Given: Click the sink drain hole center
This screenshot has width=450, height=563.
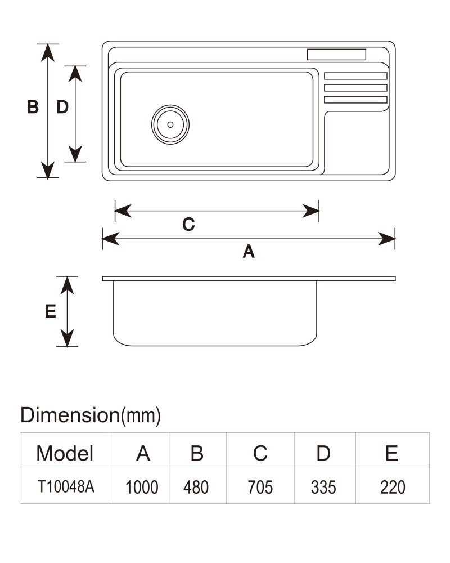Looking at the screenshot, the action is [x=170, y=124].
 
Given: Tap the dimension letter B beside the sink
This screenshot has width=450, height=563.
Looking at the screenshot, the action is [x=33, y=107].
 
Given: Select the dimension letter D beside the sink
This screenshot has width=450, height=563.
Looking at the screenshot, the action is [x=62, y=107].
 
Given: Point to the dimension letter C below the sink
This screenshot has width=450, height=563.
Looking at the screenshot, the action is [x=189, y=225].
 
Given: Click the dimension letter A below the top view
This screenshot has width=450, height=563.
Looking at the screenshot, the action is [x=249, y=251].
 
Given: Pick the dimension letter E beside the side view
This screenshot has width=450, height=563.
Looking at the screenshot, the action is [x=50, y=311].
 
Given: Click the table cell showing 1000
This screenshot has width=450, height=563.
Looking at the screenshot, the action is [x=142, y=488].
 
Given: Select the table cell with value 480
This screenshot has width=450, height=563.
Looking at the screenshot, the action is [x=196, y=488].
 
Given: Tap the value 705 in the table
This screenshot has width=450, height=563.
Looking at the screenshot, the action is [x=260, y=488].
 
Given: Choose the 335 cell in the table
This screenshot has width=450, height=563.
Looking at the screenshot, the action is [x=323, y=488].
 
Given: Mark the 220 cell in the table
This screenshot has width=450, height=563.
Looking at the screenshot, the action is [x=393, y=488].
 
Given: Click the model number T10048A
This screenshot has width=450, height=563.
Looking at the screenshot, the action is [x=66, y=487].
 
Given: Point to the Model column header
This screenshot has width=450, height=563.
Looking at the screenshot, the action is [x=65, y=453].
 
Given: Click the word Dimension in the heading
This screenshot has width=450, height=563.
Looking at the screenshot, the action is [x=70, y=415].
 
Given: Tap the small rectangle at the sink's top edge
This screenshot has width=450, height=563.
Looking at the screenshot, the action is [x=336, y=55].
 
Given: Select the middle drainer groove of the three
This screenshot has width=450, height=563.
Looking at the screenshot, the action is [x=355, y=88].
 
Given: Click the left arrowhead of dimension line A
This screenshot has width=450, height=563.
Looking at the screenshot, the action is [x=111, y=239].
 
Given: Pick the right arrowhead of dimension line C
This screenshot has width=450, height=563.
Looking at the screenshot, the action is [x=310, y=211].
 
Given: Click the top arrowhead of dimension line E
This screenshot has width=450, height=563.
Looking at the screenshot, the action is [x=67, y=285].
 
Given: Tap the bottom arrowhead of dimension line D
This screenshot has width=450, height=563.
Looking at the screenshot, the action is [x=75, y=154].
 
